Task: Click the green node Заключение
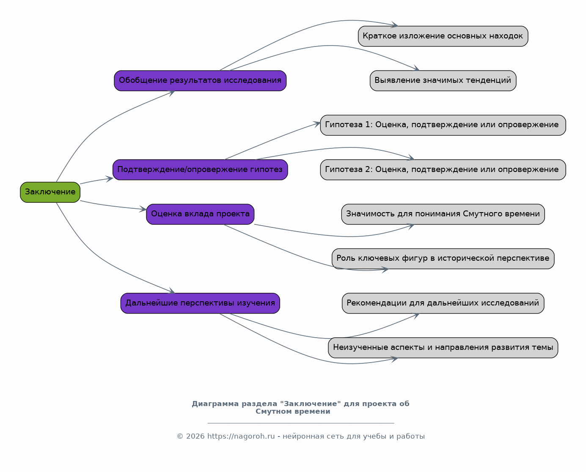point(50,192)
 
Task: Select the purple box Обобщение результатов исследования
point(200,81)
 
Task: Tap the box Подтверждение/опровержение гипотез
point(200,169)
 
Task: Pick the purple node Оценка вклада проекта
point(200,214)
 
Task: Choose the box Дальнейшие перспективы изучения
point(200,303)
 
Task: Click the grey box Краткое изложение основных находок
point(443,36)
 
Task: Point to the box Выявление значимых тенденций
point(443,81)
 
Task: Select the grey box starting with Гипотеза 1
point(443,125)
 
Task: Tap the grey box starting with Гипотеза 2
point(443,169)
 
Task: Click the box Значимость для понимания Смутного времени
point(443,214)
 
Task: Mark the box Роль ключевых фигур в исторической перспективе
point(443,259)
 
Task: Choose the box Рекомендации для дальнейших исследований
point(443,303)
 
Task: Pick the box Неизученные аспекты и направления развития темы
point(443,348)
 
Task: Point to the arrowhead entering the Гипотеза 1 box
point(317,124)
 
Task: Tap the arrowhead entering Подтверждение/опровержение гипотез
point(110,179)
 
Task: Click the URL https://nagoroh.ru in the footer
point(241,436)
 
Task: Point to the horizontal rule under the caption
point(301,423)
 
